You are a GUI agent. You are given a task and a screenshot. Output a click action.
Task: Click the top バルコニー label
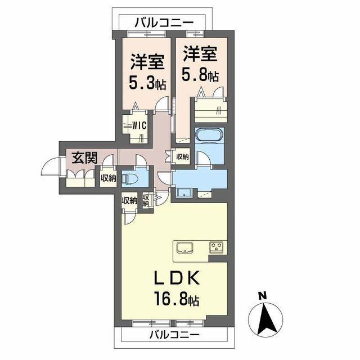pos(164,22)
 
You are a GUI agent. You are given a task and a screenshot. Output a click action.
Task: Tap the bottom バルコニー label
pos(175,335)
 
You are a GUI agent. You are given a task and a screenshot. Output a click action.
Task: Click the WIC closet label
pos(139,125)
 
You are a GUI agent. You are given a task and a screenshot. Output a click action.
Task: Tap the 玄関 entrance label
pos(82,158)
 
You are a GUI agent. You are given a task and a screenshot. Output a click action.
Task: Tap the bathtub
pos(209,137)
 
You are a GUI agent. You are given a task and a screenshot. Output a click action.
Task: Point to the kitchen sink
pos(185,247)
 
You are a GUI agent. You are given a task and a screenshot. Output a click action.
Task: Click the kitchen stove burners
pos(216,246)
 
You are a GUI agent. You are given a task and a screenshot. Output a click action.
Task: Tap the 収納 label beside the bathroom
pos(182,157)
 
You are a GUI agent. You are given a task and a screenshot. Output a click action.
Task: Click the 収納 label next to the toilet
pos(108,178)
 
